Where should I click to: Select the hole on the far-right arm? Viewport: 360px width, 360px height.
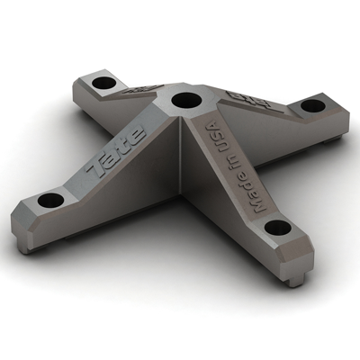point(311,105)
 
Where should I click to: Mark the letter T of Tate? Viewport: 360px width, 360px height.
point(96,167)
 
